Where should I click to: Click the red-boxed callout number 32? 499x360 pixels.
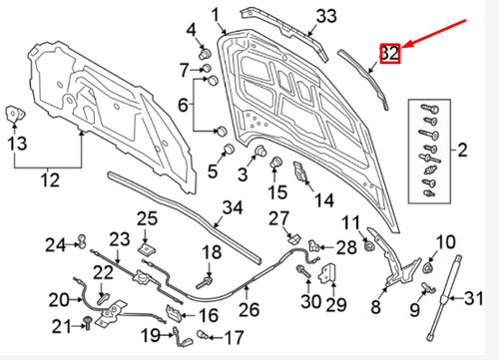coord(389,54)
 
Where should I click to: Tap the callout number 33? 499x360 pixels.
coord(326,16)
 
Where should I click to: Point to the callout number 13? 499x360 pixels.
coord(17,144)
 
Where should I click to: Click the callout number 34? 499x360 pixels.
coord(232,208)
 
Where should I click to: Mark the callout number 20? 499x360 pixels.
coord(60,298)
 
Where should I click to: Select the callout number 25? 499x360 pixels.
coord(147,218)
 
